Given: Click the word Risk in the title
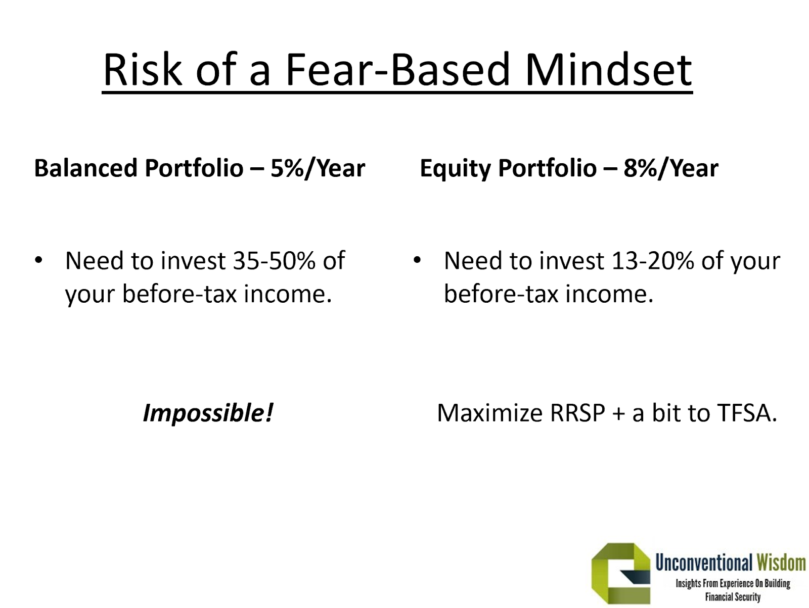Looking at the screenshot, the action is pyautogui.click(x=143, y=69).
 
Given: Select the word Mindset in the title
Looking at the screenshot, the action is pyautogui.click(x=609, y=69).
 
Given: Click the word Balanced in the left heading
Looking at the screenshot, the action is pyautogui.click(x=86, y=168).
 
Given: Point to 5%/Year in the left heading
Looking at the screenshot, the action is pyautogui.click(x=318, y=169).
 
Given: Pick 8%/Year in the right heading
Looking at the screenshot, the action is pyautogui.click(x=671, y=169).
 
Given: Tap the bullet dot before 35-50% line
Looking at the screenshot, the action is pyautogui.click(x=38, y=260).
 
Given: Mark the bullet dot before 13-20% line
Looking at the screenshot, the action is pyautogui.click(x=417, y=260).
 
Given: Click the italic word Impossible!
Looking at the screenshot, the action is pyautogui.click(x=208, y=413).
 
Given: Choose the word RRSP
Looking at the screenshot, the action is pyautogui.click(x=577, y=413).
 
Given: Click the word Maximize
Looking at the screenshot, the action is pyautogui.click(x=489, y=413).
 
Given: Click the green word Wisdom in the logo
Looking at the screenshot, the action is pyautogui.click(x=781, y=563).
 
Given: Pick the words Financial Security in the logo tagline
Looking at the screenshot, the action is pyautogui.click(x=733, y=597).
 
